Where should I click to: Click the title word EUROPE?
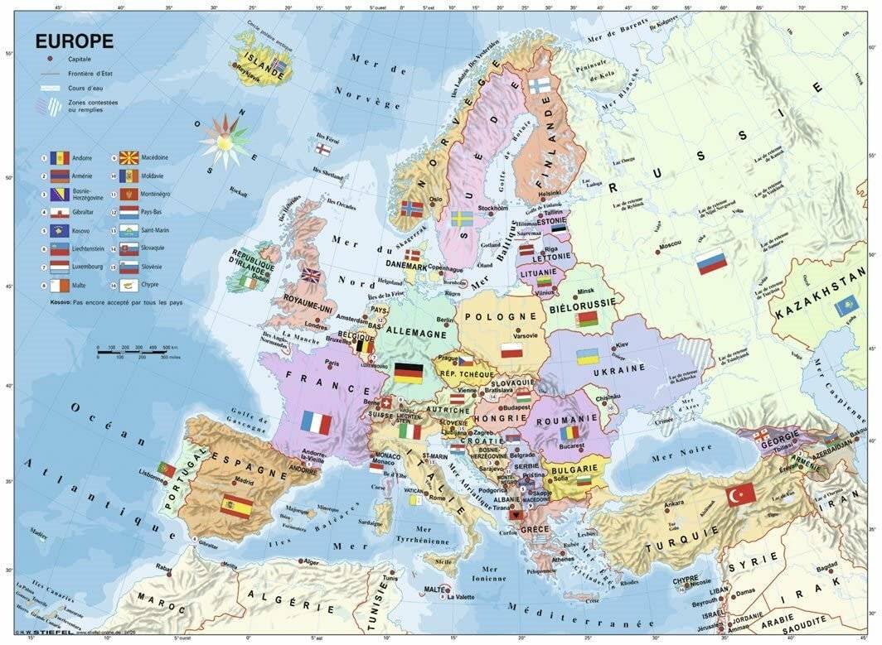click(x=74, y=41)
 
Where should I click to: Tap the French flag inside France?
click(x=317, y=423)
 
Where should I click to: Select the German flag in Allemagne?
click(x=409, y=373)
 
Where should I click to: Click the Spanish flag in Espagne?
click(x=236, y=506)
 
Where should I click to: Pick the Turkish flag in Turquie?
click(x=740, y=494)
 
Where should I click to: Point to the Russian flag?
click(x=711, y=262)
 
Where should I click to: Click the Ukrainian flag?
click(x=588, y=357)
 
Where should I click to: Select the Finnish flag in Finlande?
click(x=540, y=85)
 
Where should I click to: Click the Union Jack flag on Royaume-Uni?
click(x=311, y=275)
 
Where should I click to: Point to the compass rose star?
click(x=225, y=140)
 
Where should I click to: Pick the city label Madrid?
click(x=244, y=480)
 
